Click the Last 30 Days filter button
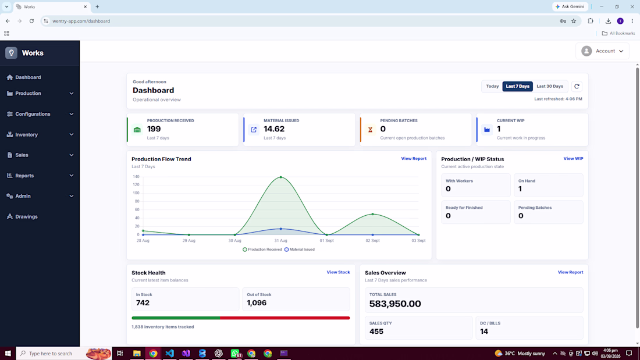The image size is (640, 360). pos(549,86)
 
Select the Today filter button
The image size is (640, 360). pos(492,86)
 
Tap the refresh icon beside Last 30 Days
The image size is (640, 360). pos(577,86)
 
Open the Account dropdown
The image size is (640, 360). pos(602,51)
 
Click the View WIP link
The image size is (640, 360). pos(573,158)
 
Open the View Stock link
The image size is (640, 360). pos(338,272)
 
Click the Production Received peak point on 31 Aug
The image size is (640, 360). pos(281,177)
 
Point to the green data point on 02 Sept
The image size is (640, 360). pos(372,214)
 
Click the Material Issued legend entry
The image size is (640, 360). pos(300,249)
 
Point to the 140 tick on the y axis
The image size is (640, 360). pos(136,177)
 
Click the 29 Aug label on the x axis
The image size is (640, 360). pos(189,241)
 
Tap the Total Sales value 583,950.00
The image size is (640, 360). pos(394,304)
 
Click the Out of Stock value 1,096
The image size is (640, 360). pos(257,303)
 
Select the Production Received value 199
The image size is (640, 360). pos(154,129)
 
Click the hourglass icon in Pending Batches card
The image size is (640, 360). pos(370,130)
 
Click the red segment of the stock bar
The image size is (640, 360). pos(285,318)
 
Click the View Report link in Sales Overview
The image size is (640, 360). pos(570,272)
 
